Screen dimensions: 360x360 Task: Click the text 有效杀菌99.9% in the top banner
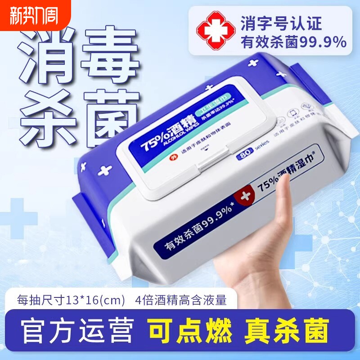tap(294, 42)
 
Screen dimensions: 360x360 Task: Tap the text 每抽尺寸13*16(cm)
tap(70, 300)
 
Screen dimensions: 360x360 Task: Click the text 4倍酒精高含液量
tap(180, 300)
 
